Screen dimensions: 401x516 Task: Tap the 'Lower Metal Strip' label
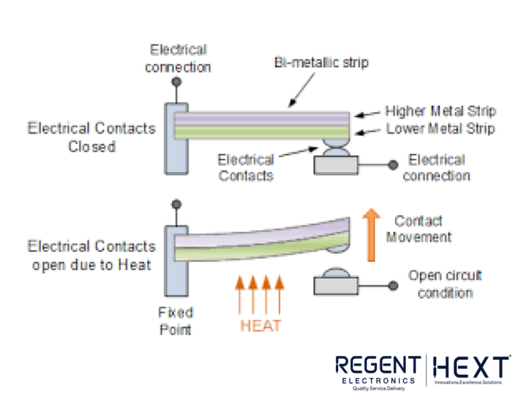coord(440,128)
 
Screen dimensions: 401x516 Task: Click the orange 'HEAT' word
coord(261,326)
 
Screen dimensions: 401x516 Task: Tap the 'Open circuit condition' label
coord(445,284)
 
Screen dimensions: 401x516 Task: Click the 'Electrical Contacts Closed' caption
coord(91,136)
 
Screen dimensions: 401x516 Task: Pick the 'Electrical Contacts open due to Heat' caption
coord(91,255)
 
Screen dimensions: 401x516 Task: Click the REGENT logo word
coord(378,366)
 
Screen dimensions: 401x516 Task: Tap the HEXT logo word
coord(470,367)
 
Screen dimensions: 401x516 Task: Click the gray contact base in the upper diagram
coord(337,166)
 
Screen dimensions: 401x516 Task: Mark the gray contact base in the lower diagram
coord(337,285)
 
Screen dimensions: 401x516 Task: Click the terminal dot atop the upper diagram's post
coord(176,82)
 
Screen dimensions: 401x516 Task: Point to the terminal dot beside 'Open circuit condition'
coord(392,286)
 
